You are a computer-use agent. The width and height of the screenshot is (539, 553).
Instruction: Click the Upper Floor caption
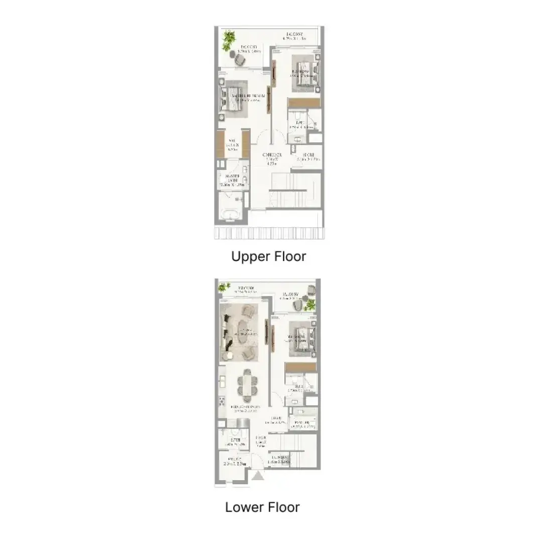[268, 256]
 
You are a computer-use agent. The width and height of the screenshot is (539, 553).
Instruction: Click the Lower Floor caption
[262, 507]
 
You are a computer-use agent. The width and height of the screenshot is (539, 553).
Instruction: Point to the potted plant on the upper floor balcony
[229, 38]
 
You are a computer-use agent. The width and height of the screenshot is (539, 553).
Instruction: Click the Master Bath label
[232, 180]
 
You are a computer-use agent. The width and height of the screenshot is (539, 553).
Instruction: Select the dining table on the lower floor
[246, 384]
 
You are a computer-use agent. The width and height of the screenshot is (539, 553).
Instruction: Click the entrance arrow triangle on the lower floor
[258, 476]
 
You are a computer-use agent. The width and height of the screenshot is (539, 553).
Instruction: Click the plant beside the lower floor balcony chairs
[310, 305]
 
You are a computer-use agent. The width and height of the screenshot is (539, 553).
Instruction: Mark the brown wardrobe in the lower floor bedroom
[300, 368]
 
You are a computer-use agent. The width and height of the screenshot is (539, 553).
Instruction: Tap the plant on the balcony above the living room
[223, 287]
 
